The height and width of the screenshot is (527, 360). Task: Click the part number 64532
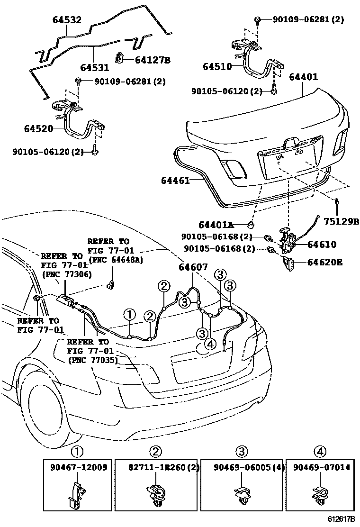coord(66,20)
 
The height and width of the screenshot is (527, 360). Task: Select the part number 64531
coord(95,68)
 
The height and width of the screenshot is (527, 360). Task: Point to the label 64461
coord(175,181)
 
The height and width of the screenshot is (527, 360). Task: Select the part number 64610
coord(322,245)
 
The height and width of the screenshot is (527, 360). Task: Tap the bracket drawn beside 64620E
coord(288,262)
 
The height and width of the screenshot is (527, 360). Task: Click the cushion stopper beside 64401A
coord(252,224)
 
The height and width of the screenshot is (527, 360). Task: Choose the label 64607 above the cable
coord(193,267)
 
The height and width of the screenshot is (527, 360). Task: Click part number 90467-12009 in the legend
coord(78,467)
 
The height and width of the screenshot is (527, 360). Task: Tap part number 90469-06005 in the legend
coord(239,467)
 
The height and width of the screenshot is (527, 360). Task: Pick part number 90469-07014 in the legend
coord(320,467)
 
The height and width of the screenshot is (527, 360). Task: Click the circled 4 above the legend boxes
coord(320,451)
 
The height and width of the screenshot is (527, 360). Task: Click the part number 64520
coord(38,128)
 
